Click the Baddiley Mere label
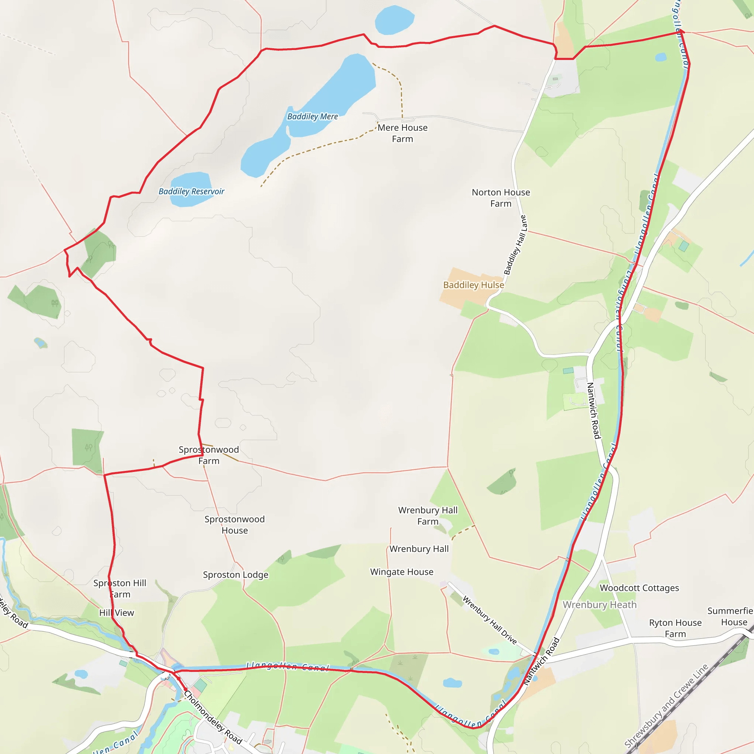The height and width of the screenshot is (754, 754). (x=313, y=116)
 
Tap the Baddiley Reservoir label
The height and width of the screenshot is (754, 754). (x=191, y=191)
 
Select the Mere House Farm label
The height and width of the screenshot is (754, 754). (x=402, y=133)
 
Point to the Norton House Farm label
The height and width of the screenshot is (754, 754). (x=501, y=198)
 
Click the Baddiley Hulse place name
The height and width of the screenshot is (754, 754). (x=473, y=285)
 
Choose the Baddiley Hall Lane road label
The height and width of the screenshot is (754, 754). (x=515, y=245)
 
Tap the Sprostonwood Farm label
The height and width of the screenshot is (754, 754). (x=209, y=455)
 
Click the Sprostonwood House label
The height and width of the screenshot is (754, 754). (x=235, y=525)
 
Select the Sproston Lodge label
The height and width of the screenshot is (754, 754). (x=236, y=574)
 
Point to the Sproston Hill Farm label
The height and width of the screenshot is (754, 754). (x=120, y=589)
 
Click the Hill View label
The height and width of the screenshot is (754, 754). (x=116, y=613)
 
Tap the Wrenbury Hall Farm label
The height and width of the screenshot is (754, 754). (x=428, y=515)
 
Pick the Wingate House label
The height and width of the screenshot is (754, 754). (x=402, y=572)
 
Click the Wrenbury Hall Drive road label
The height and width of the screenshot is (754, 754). (x=489, y=620)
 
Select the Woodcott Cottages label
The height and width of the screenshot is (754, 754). (x=639, y=588)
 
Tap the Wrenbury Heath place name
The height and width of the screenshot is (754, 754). (x=599, y=605)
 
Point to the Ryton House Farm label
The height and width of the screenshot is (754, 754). (x=675, y=628)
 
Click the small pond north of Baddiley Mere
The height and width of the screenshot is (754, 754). (x=394, y=20)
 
